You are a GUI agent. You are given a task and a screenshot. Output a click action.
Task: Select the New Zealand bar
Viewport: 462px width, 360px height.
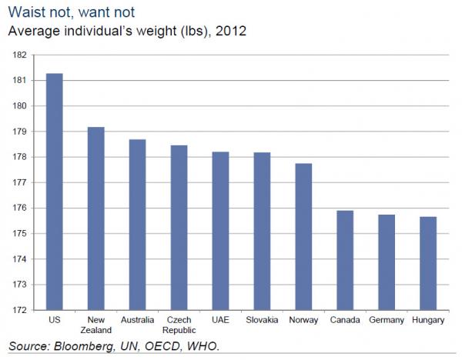pos(95,219)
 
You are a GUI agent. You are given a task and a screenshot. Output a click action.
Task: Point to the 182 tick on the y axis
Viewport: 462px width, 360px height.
pos(20,55)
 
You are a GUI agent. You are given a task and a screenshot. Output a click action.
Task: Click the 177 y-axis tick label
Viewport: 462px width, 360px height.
pos(20,182)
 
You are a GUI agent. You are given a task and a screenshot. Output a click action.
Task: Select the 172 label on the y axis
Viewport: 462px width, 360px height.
pos(20,310)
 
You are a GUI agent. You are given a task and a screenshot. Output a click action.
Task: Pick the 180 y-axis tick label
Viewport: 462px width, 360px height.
pos(20,106)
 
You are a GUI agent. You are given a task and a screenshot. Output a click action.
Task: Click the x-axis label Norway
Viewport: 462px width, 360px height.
pos(303,319)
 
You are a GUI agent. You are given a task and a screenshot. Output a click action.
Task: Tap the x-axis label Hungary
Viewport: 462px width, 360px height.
pos(427,319)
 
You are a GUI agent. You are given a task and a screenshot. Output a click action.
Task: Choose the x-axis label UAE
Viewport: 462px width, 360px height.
pos(220,319)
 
